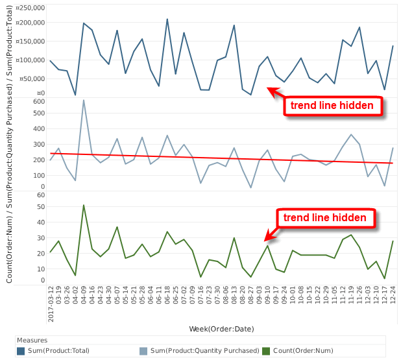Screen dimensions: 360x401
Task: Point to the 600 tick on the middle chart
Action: click(38, 101)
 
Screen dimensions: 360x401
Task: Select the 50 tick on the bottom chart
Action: click(40, 207)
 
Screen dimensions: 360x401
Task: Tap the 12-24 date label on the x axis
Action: click(393, 298)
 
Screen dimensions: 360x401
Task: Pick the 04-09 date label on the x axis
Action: click(84, 298)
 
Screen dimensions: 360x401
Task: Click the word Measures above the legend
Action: click(32, 340)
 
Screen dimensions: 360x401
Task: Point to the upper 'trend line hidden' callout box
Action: click(332, 105)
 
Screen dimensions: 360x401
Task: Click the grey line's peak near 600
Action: click(84, 100)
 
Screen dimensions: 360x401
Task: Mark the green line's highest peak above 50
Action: click(84, 205)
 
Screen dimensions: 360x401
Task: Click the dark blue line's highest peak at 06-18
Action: click(167, 19)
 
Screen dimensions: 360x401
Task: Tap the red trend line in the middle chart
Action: click(221, 158)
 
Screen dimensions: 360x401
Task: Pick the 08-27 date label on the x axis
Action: click(250, 298)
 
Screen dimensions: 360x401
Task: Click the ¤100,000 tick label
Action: click(30, 60)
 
